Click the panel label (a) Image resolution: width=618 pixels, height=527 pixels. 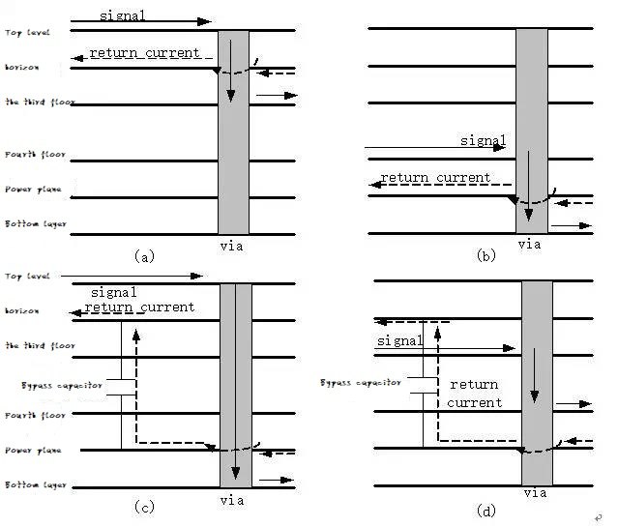tap(143, 257)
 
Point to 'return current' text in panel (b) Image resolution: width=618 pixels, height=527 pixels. tap(435, 178)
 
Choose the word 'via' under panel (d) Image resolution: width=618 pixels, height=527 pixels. tap(534, 494)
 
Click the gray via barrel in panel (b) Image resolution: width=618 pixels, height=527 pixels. tap(530, 97)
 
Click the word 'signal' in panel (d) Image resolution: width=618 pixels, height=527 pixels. tap(399, 341)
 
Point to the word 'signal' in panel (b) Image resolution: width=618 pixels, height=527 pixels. tap(483, 141)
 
